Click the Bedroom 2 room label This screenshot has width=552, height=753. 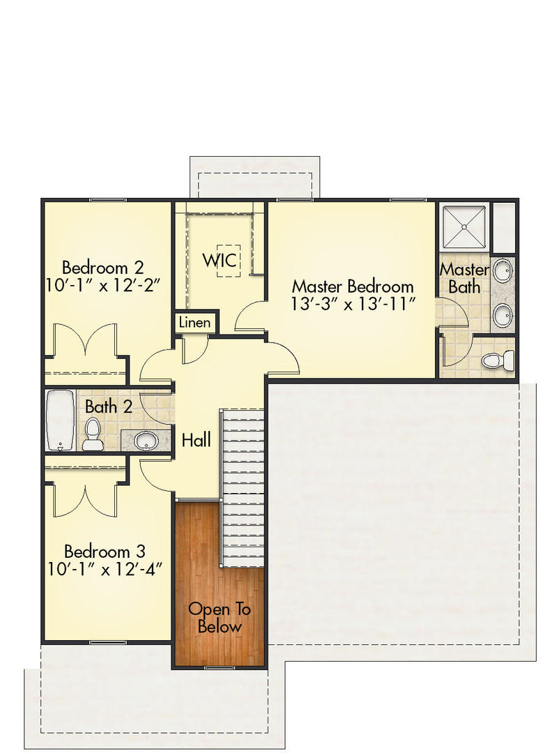102,267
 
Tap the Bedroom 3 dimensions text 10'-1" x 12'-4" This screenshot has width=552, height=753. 105,568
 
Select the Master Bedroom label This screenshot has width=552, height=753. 352,286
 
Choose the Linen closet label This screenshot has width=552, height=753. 194,323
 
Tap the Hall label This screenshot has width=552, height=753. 196,440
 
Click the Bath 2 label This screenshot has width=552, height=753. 108,406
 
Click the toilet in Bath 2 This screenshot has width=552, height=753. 92,435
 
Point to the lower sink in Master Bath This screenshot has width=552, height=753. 502,315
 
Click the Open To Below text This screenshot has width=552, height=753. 220,617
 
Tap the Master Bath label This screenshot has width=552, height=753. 463,277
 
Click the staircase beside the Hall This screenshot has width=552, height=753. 243,488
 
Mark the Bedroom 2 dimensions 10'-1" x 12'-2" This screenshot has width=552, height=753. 103,286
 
